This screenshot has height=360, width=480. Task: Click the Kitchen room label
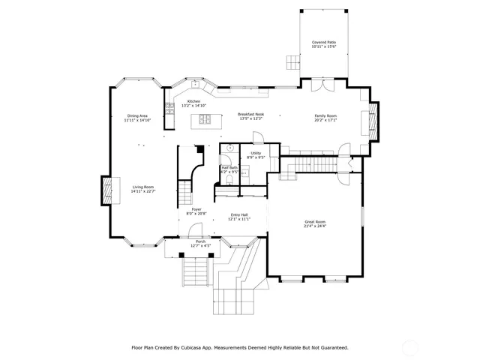[x=193, y=101]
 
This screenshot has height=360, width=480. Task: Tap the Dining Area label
[x=138, y=115]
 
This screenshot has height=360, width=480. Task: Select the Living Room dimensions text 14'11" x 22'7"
[x=143, y=191]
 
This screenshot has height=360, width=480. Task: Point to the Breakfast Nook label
[x=250, y=114]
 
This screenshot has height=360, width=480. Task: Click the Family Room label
[x=325, y=115]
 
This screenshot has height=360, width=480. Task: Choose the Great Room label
[x=314, y=221]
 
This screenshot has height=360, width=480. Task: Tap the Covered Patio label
[x=324, y=43]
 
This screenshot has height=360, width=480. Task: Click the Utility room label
[x=256, y=153]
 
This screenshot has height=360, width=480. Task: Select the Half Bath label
[x=229, y=167]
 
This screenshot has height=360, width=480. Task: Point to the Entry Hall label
[x=239, y=215]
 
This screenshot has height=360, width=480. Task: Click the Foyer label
[x=196, y=209]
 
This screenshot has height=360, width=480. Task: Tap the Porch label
[x=200, y=241]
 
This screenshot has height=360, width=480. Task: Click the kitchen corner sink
[x=194, y=83]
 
